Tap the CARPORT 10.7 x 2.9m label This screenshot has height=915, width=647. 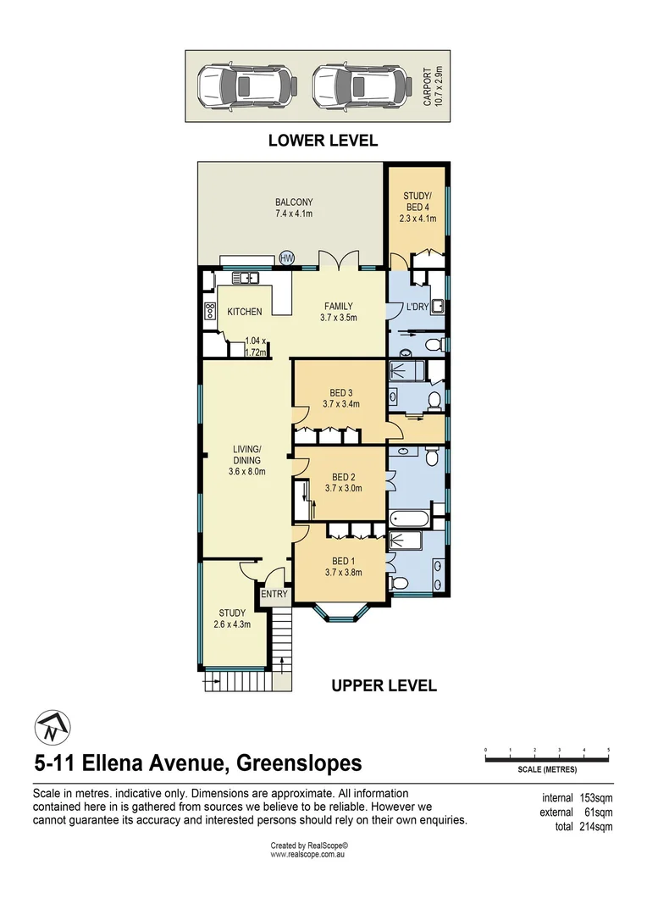(x=433, y=86)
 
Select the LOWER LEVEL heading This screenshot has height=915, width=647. (x=323, y=141)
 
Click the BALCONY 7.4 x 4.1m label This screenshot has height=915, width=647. (x=293, y=208)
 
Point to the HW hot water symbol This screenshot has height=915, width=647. (x=286, y=258)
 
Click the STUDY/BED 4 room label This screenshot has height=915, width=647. (x=418, y=208)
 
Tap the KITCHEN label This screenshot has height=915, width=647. (x=245, y=312)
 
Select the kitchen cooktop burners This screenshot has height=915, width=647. (x=209, y=311)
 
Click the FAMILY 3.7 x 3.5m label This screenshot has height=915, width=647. (x=337, y=312)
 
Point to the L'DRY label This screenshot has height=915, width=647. (x=417, y=307)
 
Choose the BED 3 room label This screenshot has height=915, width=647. (x=340, y=398)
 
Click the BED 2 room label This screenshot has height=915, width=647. (x=343, y=481)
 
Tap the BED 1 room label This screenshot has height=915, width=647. (x=342, y=566)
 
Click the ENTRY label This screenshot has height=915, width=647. (x=274, y=594)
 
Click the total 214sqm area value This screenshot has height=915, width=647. (x=595, y=827)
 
